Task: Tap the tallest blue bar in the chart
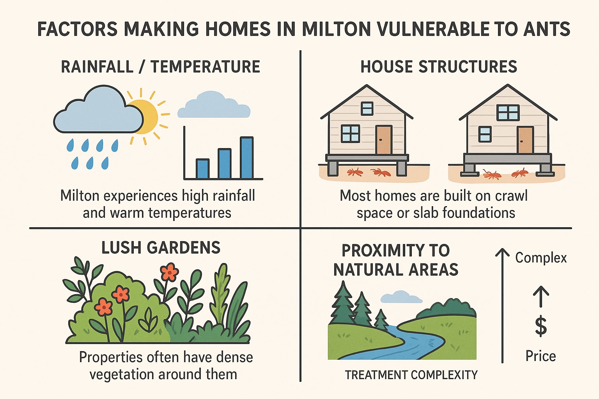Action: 247,158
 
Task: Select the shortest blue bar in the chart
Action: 203,169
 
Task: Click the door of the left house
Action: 384,139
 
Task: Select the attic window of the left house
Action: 367,108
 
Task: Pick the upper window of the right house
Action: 508,113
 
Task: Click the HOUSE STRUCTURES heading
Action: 439,67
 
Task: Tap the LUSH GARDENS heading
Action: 161,247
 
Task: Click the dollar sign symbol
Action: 541,326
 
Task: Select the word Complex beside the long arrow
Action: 541,258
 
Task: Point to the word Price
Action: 541,356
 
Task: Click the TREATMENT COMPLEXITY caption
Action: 411,375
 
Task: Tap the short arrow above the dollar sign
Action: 541,297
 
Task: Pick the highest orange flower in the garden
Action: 169,272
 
